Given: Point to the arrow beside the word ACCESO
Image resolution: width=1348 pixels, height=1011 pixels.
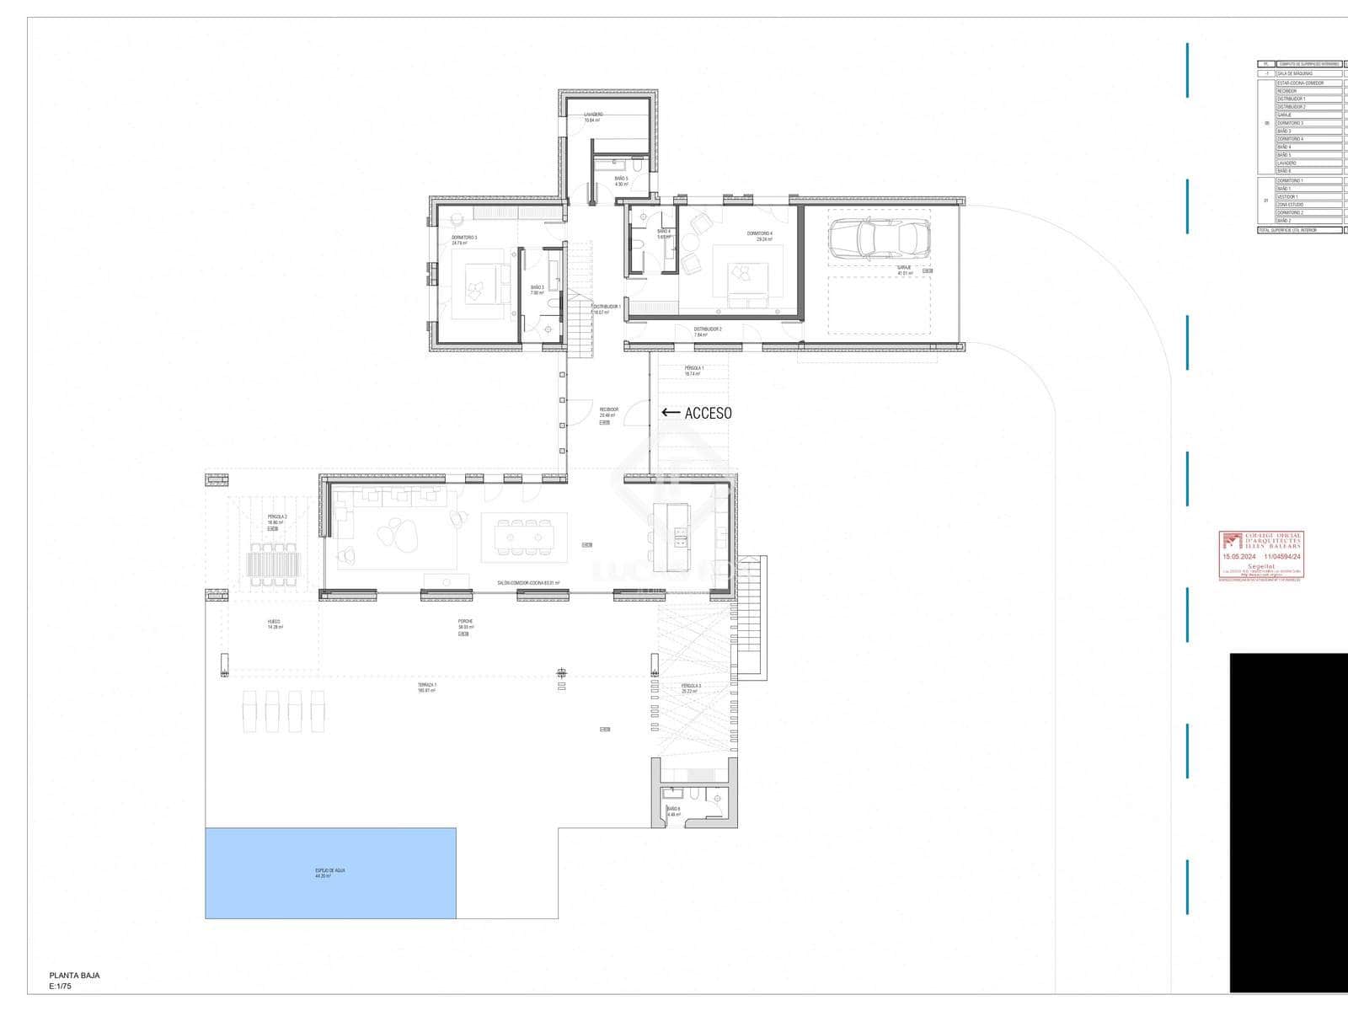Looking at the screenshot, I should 671,413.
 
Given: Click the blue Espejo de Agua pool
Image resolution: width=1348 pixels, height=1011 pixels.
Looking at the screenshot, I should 330,873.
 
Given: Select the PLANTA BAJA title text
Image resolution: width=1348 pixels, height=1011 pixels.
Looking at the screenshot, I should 74,976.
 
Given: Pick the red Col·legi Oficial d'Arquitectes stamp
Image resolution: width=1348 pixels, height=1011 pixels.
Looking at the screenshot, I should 1261,556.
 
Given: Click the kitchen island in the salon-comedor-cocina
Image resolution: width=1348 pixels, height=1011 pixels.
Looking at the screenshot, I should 671,538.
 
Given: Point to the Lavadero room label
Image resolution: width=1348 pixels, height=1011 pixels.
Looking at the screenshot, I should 593,115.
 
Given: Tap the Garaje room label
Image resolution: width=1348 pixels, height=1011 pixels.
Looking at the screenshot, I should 904,267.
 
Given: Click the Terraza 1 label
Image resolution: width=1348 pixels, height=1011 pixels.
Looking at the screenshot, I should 427,685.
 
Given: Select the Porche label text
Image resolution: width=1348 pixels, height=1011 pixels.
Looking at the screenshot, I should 465,622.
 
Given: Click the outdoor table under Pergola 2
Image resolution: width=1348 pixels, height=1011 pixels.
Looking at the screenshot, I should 273,562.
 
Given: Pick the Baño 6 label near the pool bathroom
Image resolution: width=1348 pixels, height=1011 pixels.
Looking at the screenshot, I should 673,809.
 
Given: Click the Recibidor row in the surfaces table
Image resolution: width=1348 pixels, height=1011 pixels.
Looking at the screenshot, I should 1308,91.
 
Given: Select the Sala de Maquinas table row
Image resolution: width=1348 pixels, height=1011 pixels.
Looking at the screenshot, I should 1308,73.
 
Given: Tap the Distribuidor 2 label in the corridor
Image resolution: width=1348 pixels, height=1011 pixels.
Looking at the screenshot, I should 707,329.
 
